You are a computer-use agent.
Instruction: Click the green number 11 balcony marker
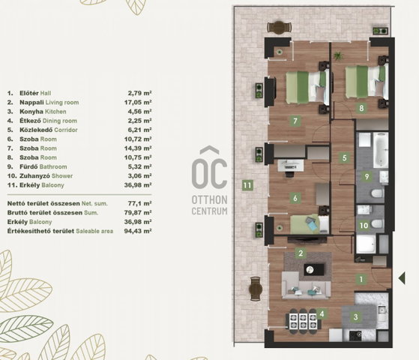[x=247, y=185]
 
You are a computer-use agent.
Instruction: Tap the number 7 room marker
[x=295, y=121]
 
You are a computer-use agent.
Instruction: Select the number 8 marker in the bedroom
[x=361, y=108]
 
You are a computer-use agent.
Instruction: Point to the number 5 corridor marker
[x=345, y=157]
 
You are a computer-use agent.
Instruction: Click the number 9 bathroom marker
[x=367, y=176]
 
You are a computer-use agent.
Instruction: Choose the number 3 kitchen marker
[x=355, y=317]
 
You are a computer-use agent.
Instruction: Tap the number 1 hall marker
[x=361, y=279]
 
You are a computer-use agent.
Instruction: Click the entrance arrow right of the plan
[x=402, y=278]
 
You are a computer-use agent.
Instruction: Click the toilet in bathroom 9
[x=378, y=193]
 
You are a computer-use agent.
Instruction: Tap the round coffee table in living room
[x=310, y=269]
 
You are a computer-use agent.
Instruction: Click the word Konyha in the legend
[x=31, y=112]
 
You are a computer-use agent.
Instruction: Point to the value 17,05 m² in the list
[x=138, y=102]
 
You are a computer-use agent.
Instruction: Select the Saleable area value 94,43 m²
[x=138, y=231]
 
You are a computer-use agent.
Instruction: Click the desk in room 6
[x=291, y=166]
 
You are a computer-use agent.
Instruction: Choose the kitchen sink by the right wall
[x=382, y=310]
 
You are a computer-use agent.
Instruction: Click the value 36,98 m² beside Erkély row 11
[x=138, y=185]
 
